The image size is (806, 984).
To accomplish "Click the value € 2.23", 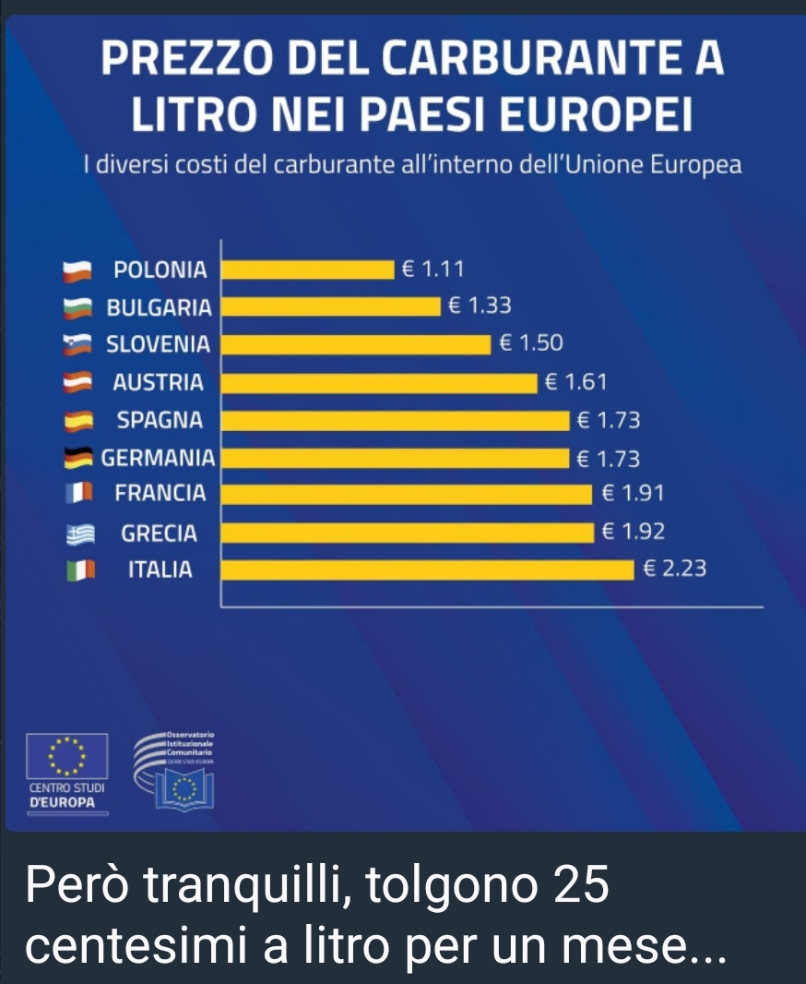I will coord(674,569).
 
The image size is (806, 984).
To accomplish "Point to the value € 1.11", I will coord(432,269).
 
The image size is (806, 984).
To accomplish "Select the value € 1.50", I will coord(530,343).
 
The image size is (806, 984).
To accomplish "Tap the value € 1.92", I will coord(632,532).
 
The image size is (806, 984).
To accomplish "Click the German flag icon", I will coord(78,457).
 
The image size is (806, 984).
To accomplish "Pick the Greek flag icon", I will coord(80,534).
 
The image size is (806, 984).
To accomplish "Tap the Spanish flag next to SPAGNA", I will coord(78,421).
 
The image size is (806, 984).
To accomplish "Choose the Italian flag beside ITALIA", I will coord(80,570).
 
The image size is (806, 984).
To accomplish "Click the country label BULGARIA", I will coord(160,306).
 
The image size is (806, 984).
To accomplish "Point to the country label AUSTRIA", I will coord(158,381).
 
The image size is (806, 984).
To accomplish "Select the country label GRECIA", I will coord(160,533).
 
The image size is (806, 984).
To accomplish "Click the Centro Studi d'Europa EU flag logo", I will coord(67,757).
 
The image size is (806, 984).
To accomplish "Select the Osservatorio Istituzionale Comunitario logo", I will coord(180,769).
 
